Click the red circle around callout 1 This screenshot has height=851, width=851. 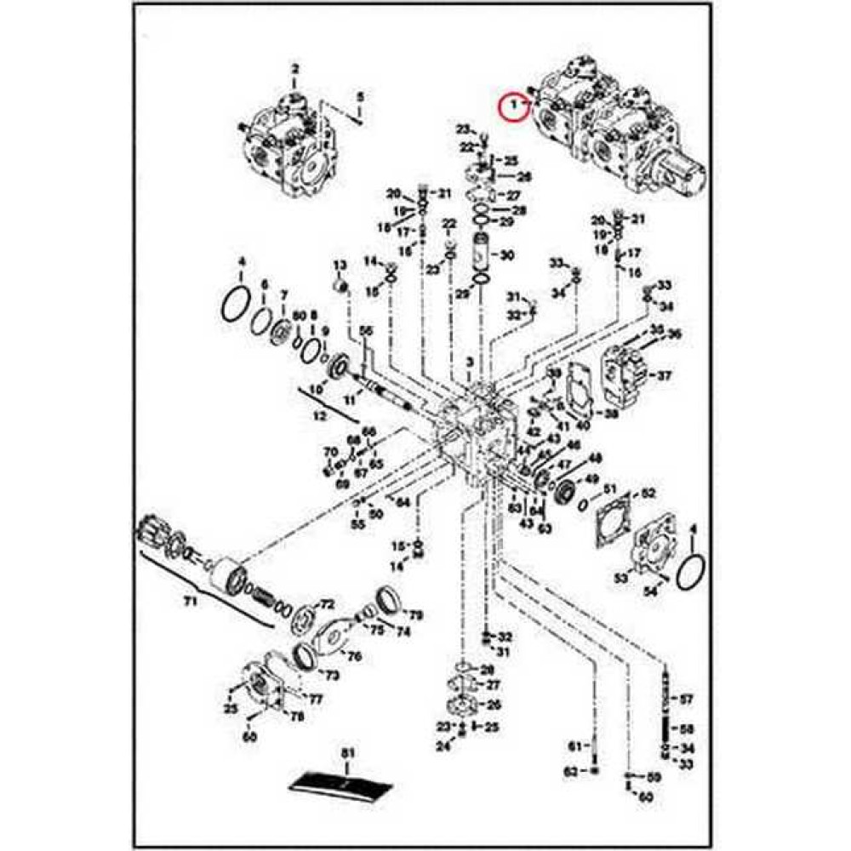[x=511, y=106]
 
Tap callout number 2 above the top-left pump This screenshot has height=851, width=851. [x=295, y=69]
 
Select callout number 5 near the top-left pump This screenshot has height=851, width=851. [x=360, y=95]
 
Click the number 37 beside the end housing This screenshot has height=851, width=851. [x=665, y=375]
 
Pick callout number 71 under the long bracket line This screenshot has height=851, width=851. [x=190, y=603]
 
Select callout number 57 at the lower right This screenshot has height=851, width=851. [x=687, y=700]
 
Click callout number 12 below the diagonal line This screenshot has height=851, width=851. [x=320, y=416]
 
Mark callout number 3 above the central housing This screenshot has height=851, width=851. [x=469, y=364]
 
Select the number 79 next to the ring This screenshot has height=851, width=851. [x=416, y=614]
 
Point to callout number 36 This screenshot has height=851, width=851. [x=675, y=333]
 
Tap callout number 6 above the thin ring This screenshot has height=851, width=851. [x=264, y=284]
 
